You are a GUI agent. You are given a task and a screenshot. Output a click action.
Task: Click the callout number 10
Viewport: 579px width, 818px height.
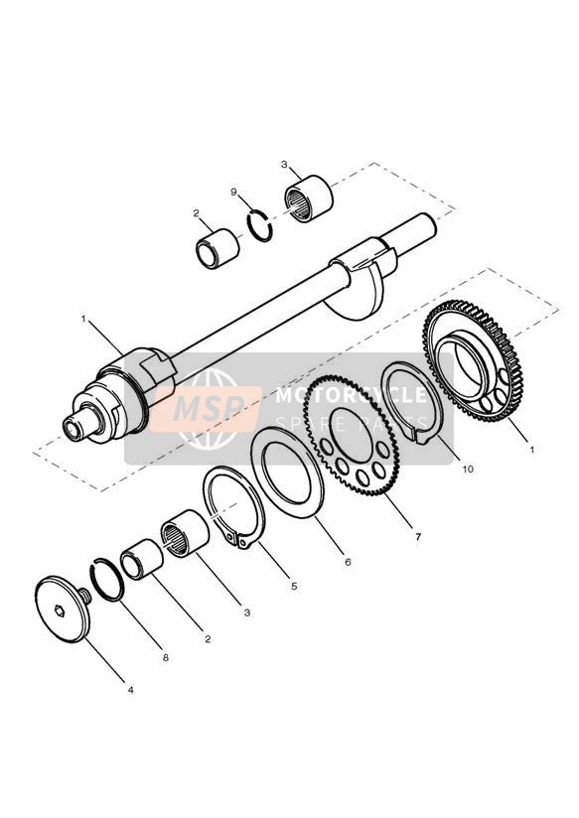(x=468, y=469)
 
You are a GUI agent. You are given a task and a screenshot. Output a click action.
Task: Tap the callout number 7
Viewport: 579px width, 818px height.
(x=417, y=536)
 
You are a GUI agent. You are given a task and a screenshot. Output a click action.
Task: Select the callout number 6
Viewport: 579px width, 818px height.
(x=348, y=562)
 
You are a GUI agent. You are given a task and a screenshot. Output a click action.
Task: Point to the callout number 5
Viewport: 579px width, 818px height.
(x=294, y=586)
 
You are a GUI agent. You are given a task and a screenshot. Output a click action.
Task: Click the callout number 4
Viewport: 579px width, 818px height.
(x=130, y=690)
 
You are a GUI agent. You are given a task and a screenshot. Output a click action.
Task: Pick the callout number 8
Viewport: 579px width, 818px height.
(x=166, y=657)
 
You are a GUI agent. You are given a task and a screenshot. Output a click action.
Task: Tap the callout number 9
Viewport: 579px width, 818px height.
(x=234, y=192)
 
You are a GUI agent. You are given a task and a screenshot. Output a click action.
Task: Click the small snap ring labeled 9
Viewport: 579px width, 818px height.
(x=260, y=225)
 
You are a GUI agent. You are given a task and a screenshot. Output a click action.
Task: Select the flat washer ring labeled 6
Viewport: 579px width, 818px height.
(x=288, y=473)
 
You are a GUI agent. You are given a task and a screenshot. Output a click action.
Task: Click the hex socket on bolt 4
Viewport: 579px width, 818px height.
(x=60, y=609)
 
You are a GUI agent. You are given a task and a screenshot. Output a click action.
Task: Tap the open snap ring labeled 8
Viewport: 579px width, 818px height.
(x=108, y=579)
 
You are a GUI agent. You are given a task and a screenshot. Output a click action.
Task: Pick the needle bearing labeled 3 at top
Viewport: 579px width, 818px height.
(x=308, y=199)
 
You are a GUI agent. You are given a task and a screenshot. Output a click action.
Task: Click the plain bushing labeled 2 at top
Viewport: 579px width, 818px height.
(x=217, y=249)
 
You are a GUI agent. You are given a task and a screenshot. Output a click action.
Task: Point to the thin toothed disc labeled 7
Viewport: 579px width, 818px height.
(x=352, y=435)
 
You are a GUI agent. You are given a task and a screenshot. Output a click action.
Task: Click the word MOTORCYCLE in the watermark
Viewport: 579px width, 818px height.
(x=351, y=395)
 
